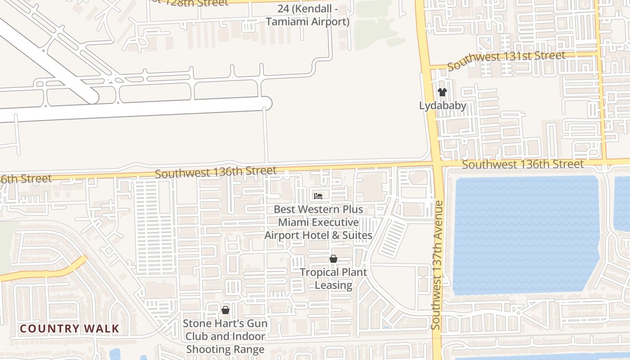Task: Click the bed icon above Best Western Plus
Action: point(318,196)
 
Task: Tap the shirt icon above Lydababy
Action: point(442,92)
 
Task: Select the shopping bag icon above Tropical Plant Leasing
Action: point(333,259)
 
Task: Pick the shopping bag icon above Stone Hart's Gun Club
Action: point(225,310)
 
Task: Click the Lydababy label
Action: point(442,106)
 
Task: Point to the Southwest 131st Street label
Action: point(506,60)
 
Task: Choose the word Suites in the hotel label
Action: point(357,235)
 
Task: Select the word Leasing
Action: point(333,285)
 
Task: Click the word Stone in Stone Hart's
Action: point(196,324)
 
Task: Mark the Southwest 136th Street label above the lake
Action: point(523,164)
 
